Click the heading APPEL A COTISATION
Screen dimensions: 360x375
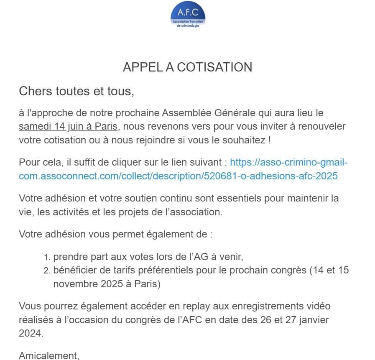tap(187, 67)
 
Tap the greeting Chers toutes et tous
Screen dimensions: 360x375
tap(77, 91)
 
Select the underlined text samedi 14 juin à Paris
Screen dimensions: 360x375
tap(68, 126)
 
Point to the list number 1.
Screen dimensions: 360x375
tap(47, 257)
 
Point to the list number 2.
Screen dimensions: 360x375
tap(47, 271)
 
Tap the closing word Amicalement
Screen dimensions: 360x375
tap(48, 356)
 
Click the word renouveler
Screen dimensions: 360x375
tap(318, 126)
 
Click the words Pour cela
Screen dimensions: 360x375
tap(38, 163)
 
